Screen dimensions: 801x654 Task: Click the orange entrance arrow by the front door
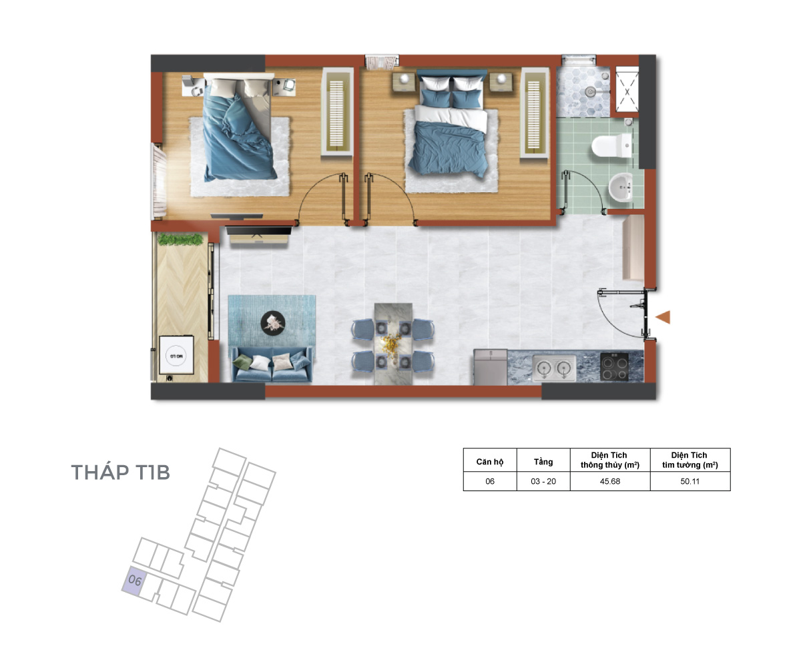pos(663,317)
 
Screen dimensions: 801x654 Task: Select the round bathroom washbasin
pos(621,187)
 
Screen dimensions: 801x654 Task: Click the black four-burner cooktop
pos(613,366)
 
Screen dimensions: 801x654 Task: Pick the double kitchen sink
pos(554,368)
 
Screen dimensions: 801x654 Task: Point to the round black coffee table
pos(273,322)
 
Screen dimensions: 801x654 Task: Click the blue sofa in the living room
pos(272,364)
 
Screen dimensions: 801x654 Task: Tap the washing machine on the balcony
pos(176,355)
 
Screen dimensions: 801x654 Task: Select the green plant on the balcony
pos(180,240)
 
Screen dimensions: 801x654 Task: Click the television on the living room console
pos(258,230)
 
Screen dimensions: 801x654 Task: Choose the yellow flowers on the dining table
pos(390,343)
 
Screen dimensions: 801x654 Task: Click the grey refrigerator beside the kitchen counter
pos(490,367)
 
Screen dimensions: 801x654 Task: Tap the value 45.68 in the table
pos(609,481)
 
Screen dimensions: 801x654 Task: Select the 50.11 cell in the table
pos(690,481)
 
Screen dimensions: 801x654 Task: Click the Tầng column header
pos(543,461)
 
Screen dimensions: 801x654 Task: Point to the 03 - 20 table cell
pos(543,481)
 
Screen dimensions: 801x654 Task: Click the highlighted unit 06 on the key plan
pos(133,581)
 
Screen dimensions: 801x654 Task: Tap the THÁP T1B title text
pos(120,472)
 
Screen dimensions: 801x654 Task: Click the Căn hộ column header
pos(489,461)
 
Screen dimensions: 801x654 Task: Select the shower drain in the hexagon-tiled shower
pos(590,91)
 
